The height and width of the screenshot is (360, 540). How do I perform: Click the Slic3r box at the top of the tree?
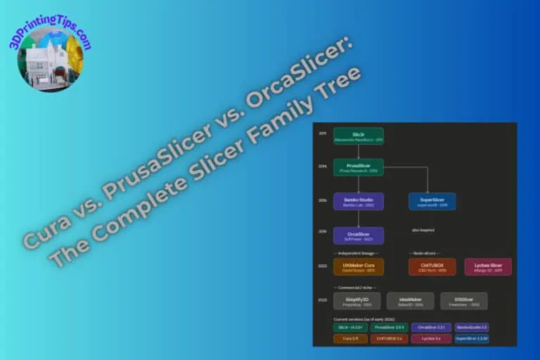coord(359,136)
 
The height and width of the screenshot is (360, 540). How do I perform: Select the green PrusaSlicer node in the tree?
coord(359,167)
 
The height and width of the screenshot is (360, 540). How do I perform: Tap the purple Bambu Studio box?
coord(359,202)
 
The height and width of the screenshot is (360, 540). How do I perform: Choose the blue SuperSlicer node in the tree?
coord(432,202)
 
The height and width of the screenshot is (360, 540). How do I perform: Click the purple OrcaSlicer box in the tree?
coord(359,236)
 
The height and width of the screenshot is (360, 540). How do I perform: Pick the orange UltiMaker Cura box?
coord(359,267)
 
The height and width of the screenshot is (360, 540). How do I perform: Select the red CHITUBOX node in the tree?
coord(432,267)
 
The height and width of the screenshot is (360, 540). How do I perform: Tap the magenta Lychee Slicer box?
coord(487,267)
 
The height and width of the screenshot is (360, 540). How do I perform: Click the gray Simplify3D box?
coord(356,301)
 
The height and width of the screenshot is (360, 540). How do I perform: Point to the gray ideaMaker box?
coord(410,301)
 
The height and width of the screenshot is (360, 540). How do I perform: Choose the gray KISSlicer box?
coord(463,301)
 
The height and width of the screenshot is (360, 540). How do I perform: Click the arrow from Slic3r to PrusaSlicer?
coord(359,152)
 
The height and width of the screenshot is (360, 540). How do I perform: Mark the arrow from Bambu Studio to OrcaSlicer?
coord(359,219)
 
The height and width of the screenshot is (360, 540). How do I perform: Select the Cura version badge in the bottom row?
coord(351,338)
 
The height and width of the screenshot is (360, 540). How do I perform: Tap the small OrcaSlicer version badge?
coord(431,328)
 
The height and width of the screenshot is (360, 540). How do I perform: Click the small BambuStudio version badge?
coord(472,328)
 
